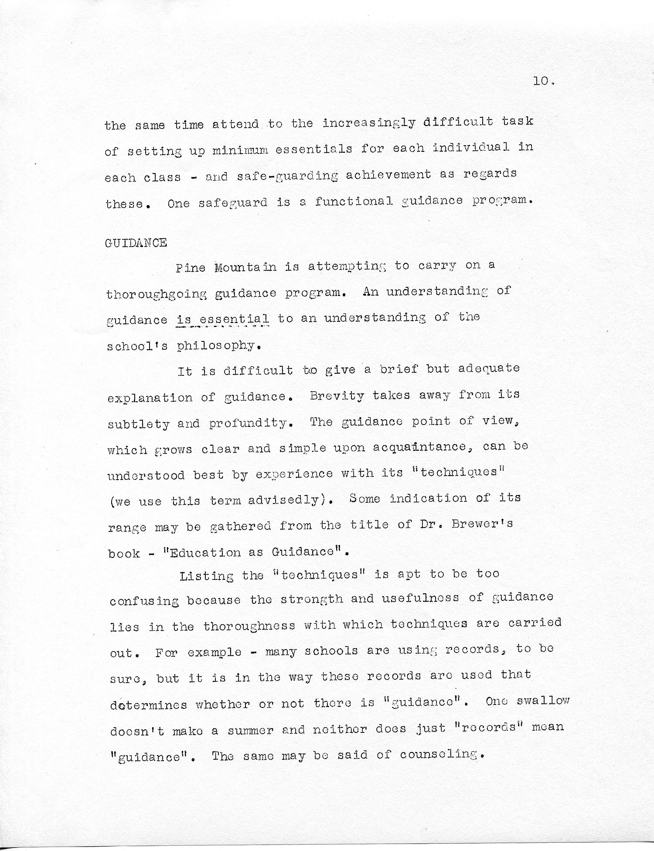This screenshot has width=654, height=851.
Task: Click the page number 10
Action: pos(542,81)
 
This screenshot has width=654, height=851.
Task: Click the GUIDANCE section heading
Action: pos(136,243)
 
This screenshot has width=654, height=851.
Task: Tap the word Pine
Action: pos(191,267)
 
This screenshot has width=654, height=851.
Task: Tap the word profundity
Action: pos(249,423)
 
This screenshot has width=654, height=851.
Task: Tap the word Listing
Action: pos(206,576)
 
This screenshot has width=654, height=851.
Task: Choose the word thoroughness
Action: pos(249,626)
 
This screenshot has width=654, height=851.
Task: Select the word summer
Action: pos(250,729)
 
